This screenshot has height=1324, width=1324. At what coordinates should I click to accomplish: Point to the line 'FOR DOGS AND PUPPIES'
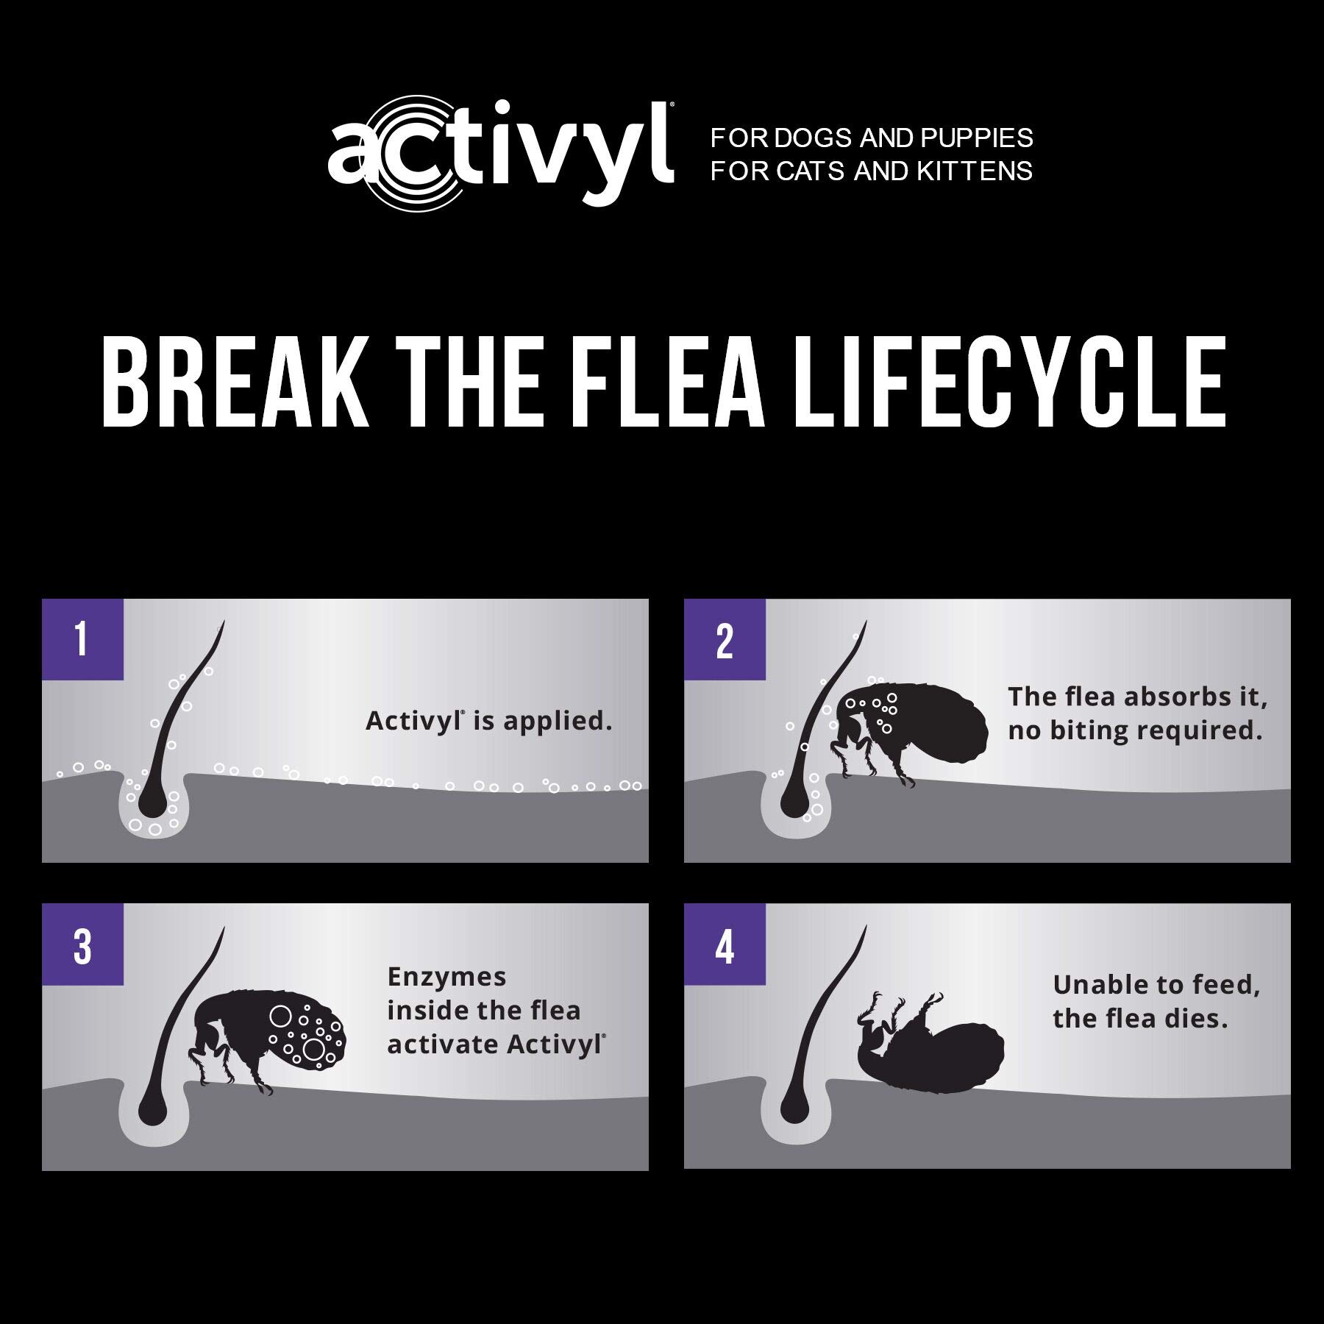(872, 138)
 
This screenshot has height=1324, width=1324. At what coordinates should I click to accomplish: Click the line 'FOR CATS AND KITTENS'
(872, 171)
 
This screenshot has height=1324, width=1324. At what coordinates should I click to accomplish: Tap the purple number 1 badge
(82, 639)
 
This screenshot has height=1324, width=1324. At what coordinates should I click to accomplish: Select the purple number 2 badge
(725, 639)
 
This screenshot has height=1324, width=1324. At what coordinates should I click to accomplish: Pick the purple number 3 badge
(82, 944)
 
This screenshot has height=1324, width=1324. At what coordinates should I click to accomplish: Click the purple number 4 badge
(725, 944)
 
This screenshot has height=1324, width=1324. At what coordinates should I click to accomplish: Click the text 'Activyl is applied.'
(489, 721)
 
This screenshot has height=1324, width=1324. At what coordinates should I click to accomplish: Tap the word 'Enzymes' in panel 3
(446, 977)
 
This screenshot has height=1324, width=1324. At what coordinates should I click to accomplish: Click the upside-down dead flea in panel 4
(930, 1039)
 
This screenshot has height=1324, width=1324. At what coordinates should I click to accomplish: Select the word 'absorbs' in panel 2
(1171, 697)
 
